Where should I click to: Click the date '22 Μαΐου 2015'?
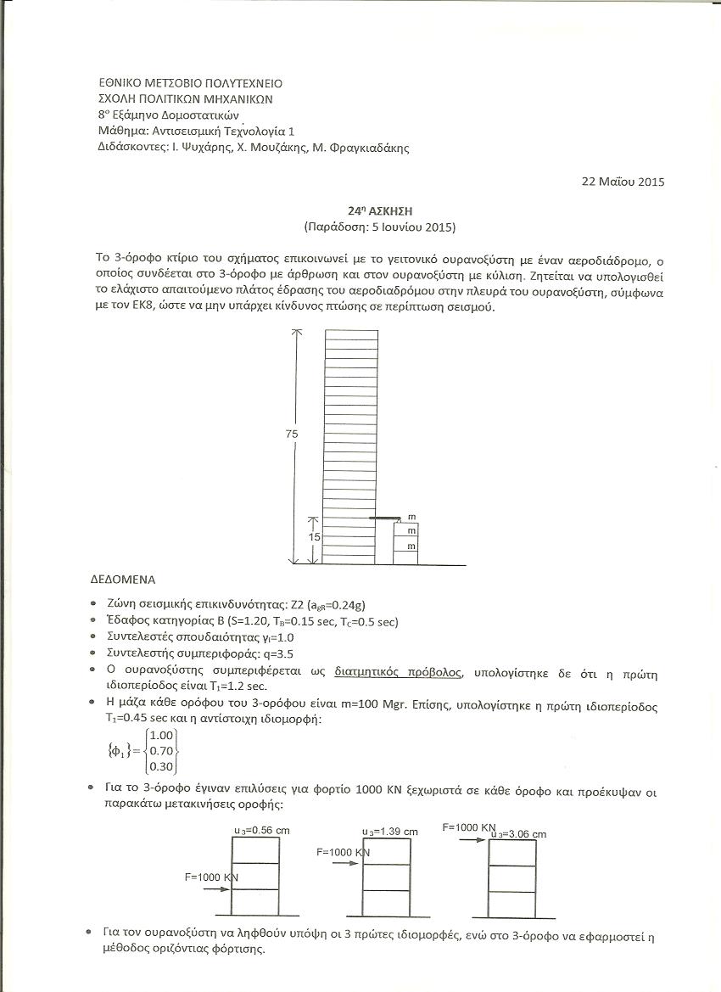(623, 181)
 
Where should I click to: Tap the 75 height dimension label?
(293, 434)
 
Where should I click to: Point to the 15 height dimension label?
(314, 537)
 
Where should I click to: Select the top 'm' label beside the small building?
(411, 517)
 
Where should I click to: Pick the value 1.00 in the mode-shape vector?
(161, 735)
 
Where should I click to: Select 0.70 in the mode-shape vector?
(161, 751)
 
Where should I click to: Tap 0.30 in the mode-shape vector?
(161, 767)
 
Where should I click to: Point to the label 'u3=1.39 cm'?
(390, 832)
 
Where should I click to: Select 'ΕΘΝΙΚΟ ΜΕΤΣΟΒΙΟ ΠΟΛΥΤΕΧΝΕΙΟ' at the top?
(191, 83)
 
